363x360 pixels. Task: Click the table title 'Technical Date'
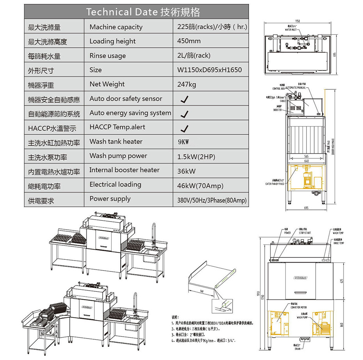click(143, 12)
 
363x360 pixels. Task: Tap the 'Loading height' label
click(112, 41)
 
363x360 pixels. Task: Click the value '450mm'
click(189, 41)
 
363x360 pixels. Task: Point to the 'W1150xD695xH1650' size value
click(209, 70)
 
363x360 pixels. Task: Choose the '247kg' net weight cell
click(187, 84)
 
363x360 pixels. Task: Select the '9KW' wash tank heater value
click(183, 142)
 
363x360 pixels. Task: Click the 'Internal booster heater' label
click(124, 170)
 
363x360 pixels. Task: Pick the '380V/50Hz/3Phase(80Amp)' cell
click(212, 200)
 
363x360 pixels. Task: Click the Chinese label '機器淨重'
click(41, 85)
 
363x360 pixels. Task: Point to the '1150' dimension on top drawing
click(298, 20)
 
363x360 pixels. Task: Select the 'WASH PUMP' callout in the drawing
click(303, 317)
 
